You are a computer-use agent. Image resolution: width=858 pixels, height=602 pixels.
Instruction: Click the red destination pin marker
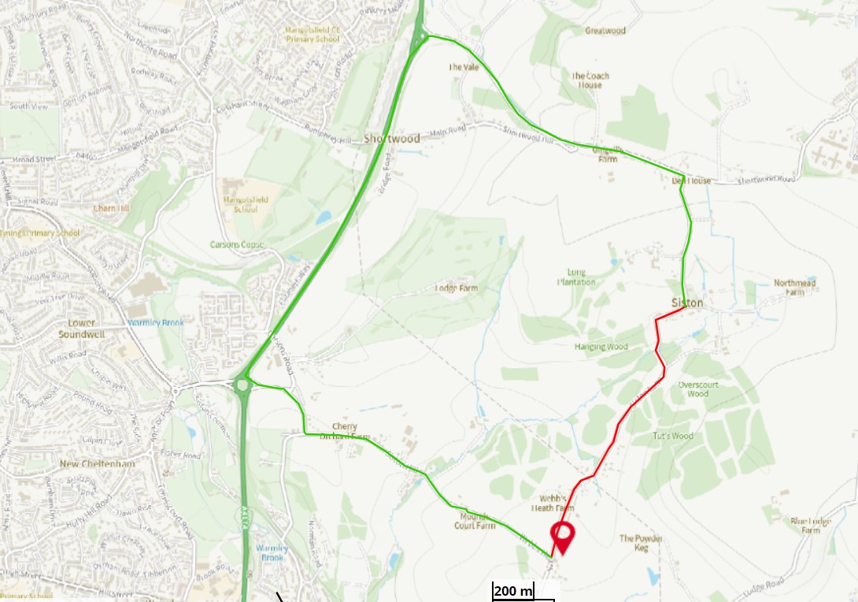click(x=562, y=536)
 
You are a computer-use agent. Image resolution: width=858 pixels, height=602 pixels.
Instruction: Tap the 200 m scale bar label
click(x=513, y=591)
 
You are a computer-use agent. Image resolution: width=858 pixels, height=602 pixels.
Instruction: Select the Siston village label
click(x=687, y=303)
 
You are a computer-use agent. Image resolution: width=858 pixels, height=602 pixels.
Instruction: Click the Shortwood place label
click(x=391, y=139)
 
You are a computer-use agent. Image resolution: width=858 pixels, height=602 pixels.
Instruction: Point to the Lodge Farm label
click(x=457, y=288)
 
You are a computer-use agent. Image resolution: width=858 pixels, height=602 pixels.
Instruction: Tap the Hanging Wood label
click(x=601, y=347)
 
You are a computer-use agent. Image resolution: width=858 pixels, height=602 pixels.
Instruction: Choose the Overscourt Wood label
click(x=697, y=389)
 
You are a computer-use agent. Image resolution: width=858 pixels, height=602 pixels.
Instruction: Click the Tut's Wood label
click(x=672, y=436)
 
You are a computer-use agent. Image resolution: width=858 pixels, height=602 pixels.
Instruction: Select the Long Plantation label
click(x=576, y=277)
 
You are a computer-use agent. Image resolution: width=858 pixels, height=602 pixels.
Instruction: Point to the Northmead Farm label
click(x=794, y=287)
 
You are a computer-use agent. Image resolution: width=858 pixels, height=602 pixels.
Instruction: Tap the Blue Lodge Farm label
click(x=811, y=525)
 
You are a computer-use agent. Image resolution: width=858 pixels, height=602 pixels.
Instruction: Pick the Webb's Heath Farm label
click(x=553, y=504)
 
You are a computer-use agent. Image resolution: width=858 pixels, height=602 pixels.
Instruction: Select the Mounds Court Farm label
click(x=475, y=521)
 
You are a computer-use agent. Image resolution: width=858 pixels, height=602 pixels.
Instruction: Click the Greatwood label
click(x=605, y=31)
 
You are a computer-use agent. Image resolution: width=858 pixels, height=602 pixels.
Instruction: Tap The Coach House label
click(x=590, y=80)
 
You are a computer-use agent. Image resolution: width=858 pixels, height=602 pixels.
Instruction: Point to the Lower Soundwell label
click(x=76, y=328)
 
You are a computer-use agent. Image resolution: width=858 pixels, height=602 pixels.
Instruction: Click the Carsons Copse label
click(x=237, y=244)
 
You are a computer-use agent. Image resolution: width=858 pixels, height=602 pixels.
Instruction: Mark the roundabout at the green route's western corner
click(x=242, y=385)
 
